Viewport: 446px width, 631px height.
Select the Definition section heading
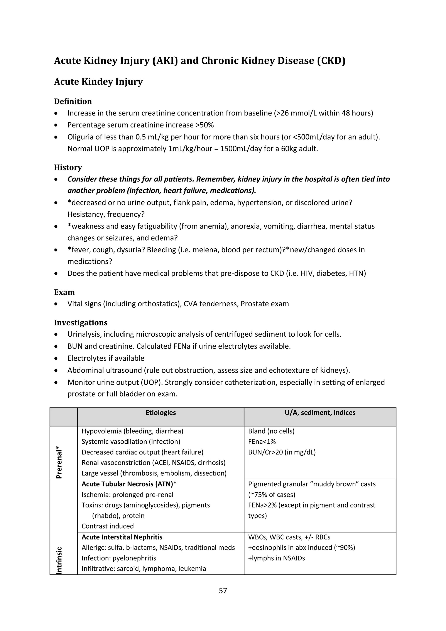coord(73,101)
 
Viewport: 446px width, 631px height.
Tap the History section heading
coord(68,167)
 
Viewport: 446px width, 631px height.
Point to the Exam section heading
coord(64,292)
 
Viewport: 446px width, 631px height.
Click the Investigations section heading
coord(81,323)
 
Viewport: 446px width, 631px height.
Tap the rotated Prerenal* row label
coord(59,462)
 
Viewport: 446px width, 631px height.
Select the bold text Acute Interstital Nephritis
coord(122,537)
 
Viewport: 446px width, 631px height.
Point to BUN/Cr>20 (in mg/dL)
coord(282,452)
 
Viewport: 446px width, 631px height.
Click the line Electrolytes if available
coord(106,358)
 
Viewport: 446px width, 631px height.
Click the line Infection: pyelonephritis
coord(119,558)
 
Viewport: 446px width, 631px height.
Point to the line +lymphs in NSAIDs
coord(276,558)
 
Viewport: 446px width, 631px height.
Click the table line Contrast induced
coord(107,526)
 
